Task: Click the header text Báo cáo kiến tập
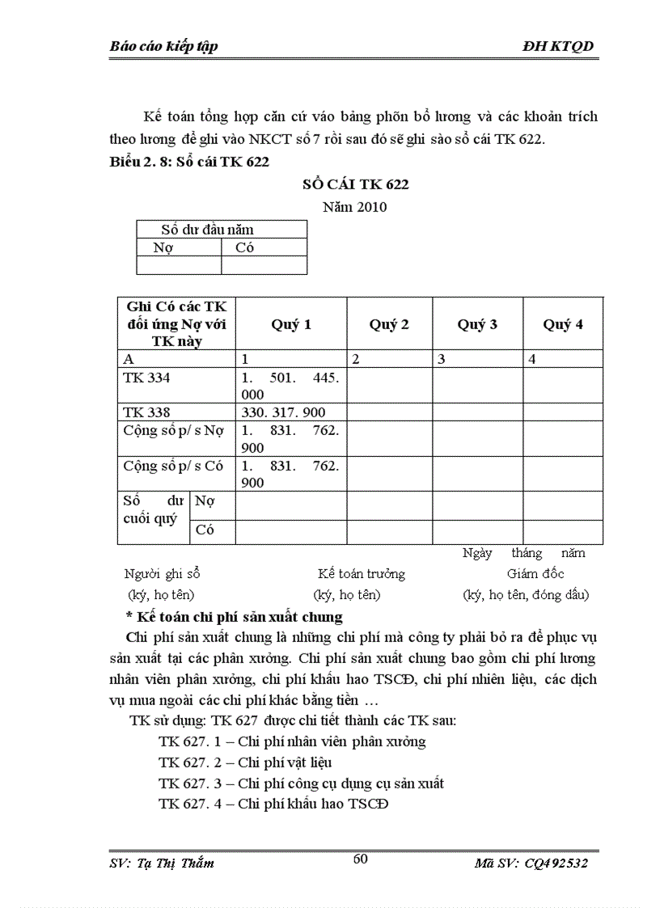click(x=163, y=46)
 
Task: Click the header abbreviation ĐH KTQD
click(x=559, y=46)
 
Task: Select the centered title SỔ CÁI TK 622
click(x=355, y=184)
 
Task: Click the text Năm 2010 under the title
click(x=354, y=207)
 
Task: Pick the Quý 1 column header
click(x=291, y=324)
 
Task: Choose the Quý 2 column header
click(x=389, y=324)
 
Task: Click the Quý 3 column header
click(x=477, y=324)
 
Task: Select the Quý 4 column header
click(x=563, y=324)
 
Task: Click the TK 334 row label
click(x=146, y=378)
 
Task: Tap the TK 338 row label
click(x=146, y=412)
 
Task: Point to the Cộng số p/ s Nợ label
click(x=173, y=430)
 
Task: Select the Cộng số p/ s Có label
click(x=173, y=466)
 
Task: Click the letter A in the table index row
click(x=128, y=359)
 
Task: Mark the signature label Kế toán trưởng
click(x=362, y=573)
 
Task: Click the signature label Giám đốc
click(x=535, y=573)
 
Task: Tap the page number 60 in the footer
click(x=360, y=859)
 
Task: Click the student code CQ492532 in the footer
click(x=554, y=864)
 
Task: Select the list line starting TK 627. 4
click(x=273, y=805)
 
